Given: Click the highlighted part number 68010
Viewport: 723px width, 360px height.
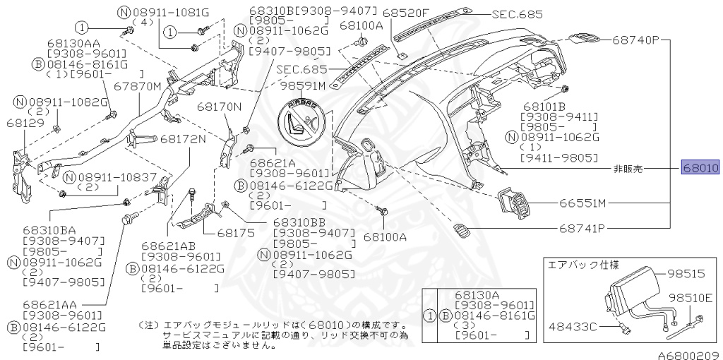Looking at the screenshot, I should point(700,169).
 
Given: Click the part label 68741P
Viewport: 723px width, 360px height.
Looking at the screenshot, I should point(583,228).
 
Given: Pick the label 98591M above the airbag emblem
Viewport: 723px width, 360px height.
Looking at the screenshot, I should point(302,85).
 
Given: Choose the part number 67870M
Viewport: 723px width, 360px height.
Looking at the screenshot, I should point(138,87).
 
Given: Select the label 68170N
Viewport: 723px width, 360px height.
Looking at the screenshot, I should point(219,107).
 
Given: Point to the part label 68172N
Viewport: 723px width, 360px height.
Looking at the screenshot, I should point(183,138).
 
